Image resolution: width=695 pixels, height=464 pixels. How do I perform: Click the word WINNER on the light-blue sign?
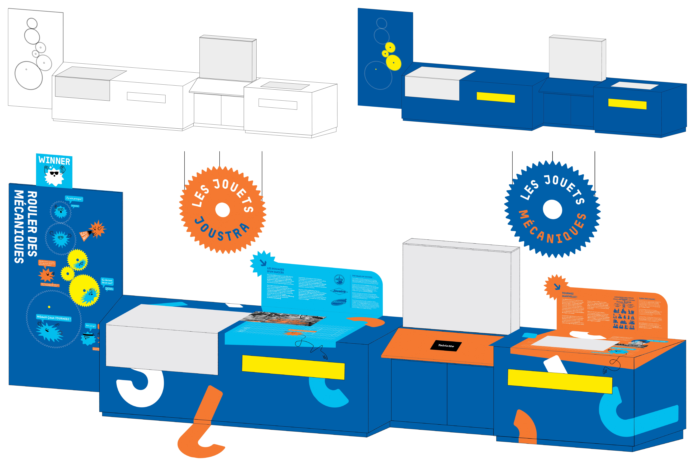[54, 161]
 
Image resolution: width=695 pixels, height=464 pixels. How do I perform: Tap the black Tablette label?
[446, 345]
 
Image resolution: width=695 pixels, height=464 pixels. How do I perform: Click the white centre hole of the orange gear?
[222, 210]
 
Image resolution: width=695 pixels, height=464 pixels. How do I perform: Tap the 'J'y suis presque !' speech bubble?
[74, 199]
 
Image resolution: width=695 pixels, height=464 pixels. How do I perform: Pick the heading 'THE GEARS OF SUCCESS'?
[362, 276]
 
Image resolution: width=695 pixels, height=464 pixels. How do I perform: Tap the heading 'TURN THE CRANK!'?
[647, 299]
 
